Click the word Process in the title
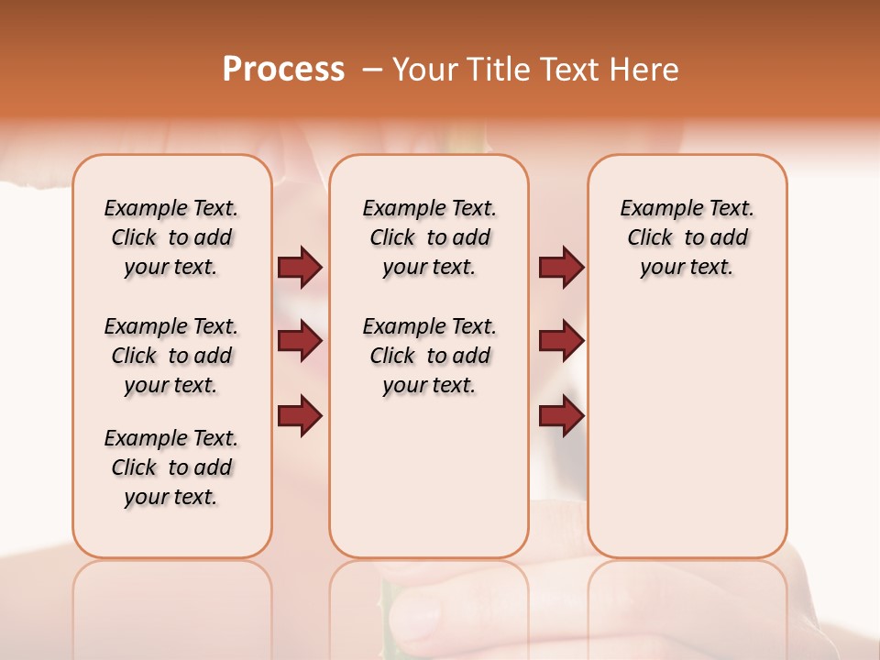tap(283, 70)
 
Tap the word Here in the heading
tap(645, 70)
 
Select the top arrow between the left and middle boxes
tap(300, 268)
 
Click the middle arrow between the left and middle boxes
tap(300, 341)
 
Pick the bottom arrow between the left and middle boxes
tap(300, 415)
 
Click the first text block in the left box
tap(171, 237)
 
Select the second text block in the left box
tap(171, 356)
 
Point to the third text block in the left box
tap(171, 467)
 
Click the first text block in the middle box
tap(429, 237)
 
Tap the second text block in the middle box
tap(429, 356)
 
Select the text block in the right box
tap(687, 237)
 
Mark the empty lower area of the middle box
tap(429, 477)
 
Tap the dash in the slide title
tap(372, 71)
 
